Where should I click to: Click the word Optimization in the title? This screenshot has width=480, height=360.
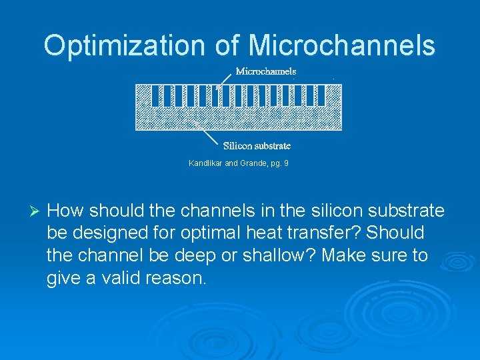pyautogui.click(x=125, y=45)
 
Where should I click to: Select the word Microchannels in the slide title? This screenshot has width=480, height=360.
pyautogui.click(x=342, y=45)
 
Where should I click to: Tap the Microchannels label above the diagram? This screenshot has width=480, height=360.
pyautogui.click(x=265, y=71)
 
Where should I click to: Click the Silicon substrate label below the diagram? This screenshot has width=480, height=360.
pyautogui.click(x=257, y=145)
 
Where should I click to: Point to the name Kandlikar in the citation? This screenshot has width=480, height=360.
pyautogui.click(x=206, y=163)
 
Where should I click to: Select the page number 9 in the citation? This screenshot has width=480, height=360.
pyautogui.click(x=286, y=163)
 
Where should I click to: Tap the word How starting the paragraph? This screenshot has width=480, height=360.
pyautogui.click(x=66, y=211)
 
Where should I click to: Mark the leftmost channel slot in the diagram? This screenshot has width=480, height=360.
pyautogui.click(x=155, y=96)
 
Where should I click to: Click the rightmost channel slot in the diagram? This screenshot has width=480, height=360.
pyautogui.click(x=321, y=96)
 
